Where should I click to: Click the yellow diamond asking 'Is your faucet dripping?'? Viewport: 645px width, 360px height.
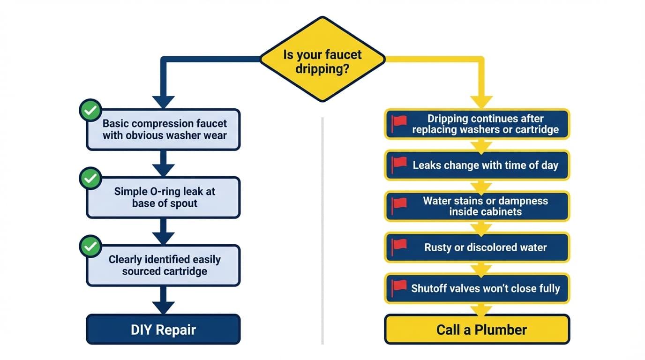322,60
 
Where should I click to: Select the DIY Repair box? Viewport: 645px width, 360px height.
163,330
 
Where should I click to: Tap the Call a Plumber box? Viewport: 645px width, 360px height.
477,330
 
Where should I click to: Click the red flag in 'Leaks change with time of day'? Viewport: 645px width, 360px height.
400,164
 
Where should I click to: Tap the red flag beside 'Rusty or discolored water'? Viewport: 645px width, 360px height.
400,246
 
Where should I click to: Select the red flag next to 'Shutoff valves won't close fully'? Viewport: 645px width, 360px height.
400,286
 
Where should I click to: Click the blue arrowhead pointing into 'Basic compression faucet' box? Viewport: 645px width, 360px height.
164,102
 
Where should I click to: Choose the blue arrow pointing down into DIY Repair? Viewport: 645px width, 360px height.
164,307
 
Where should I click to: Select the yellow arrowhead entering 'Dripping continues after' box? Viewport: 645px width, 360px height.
481,102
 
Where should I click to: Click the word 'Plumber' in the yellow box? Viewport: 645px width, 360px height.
501,330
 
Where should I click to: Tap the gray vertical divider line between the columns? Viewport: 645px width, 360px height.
322,234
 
